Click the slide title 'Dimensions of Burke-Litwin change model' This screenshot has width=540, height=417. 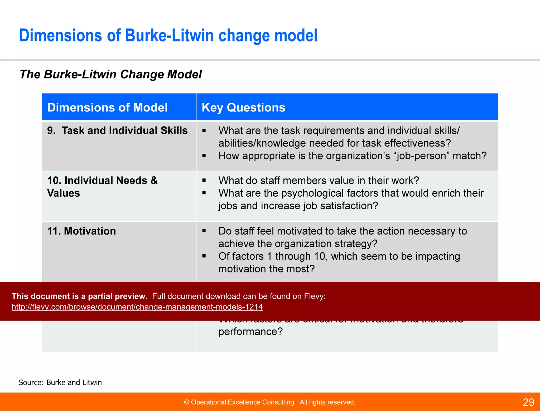[168, 36]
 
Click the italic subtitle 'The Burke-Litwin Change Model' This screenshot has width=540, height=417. [111, 74]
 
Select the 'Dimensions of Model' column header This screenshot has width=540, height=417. [107, 108]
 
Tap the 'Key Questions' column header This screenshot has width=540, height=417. [243, 108]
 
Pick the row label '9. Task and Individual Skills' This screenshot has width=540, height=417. [117, 131]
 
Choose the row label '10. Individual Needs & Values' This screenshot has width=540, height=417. [102, 187]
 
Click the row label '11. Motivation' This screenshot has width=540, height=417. [81, 231]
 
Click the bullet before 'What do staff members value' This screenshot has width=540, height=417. [204, 181]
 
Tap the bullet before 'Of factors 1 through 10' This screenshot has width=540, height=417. [204, 256]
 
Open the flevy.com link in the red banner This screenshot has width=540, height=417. [137, 307]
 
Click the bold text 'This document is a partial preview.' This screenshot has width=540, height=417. [79, 296]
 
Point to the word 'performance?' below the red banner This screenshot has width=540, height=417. [250, 332]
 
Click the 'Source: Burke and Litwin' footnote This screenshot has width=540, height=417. [60, 382]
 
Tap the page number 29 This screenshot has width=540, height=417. [528, 402]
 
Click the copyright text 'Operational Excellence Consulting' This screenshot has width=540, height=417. [243, 402]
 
